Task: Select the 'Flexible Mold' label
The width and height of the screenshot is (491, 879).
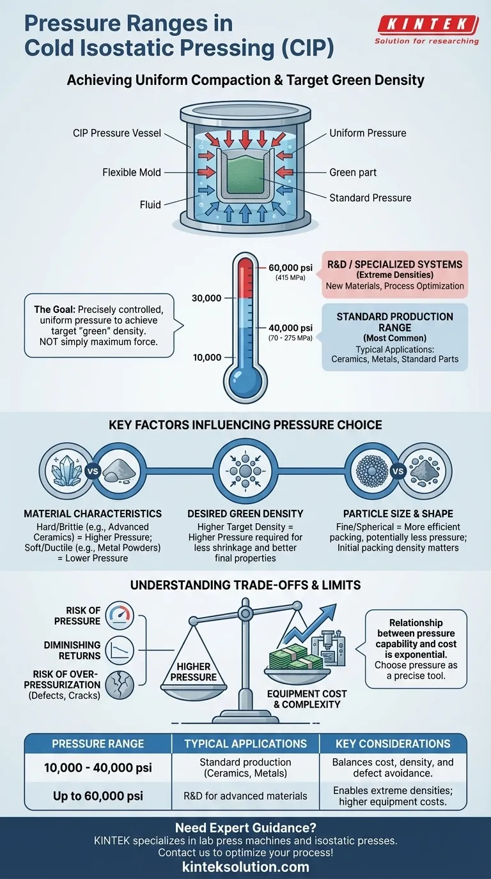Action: point(132,172)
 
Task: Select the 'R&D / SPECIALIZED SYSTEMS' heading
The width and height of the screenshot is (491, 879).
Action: point(395,264)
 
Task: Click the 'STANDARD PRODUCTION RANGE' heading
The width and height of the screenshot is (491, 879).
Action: point(394,322)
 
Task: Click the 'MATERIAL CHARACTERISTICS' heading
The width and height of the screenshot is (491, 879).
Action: point(93,514)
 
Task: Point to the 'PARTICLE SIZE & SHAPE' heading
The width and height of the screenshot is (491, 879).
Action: point(398,514)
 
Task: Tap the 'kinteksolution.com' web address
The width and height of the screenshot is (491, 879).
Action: point(245,867)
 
